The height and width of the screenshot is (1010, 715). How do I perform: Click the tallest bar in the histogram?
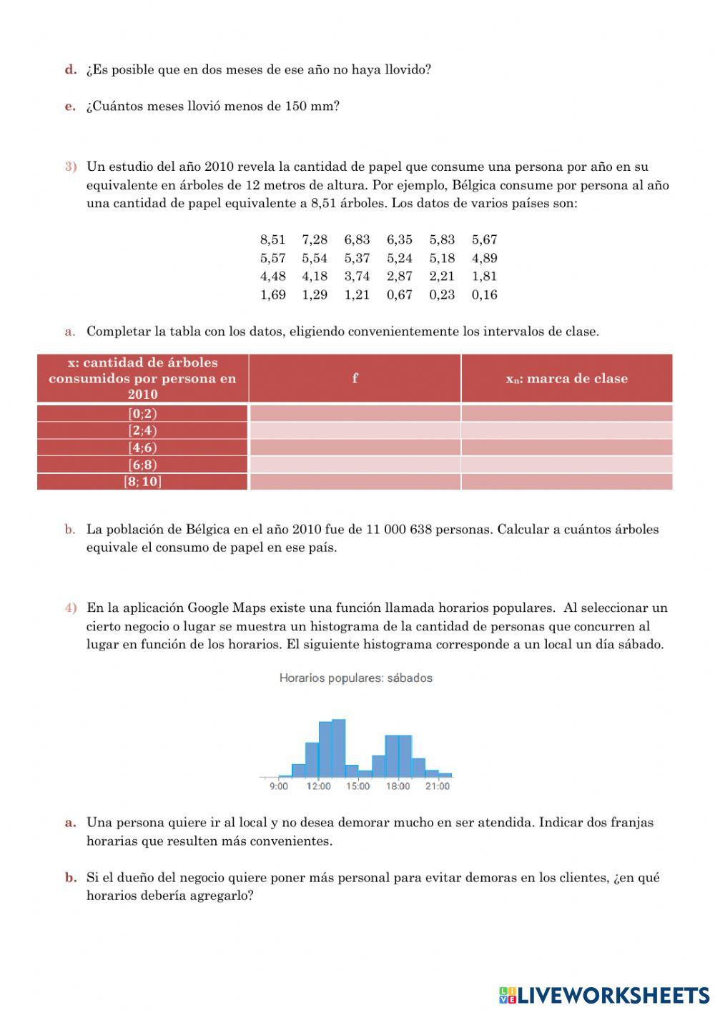338,748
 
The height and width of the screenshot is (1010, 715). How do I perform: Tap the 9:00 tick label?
279,786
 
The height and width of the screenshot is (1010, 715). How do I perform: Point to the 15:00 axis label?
358,786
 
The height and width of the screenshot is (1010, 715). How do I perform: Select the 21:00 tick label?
438,786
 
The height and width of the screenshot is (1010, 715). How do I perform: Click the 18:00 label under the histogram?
398,786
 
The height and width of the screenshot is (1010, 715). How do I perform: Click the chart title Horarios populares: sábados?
355,678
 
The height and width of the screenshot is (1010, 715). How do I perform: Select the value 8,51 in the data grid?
272,240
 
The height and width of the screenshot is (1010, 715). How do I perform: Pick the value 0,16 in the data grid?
484,294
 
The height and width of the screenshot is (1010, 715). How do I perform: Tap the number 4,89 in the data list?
484,258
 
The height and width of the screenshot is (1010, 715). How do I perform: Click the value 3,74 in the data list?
357,277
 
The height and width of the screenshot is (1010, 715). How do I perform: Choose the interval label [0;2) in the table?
142,413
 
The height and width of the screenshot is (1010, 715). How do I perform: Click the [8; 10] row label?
142,482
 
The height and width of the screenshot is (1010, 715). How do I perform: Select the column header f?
355,378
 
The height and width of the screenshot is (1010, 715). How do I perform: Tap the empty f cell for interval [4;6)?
355,447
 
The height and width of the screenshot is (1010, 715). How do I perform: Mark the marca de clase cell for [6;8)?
566,465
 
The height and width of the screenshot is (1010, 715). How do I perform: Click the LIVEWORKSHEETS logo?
604,994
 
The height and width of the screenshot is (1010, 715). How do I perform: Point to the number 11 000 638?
398,530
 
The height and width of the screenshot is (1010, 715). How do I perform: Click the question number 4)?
71,608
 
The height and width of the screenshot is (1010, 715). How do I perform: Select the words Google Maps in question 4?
217,608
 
